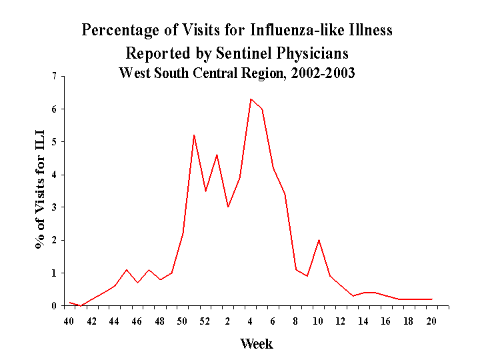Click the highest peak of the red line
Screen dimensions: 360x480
coord(251,99)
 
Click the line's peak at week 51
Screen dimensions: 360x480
coord(194,135)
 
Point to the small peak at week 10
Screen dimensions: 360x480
coord(319,240)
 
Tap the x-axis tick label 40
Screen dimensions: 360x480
coord(69,321)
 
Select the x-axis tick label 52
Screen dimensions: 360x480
coord(205,321)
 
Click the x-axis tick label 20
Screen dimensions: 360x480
coord(431,321)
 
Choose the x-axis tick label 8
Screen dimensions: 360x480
coord(295,321)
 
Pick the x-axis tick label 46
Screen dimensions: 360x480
coord(137,321)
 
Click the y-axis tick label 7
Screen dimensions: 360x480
coord(54,76)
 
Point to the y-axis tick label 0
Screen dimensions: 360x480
coord(54,306)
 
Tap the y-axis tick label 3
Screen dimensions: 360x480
coord(54,207)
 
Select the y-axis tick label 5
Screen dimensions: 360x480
coord(54,142)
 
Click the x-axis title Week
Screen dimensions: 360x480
coord(257,344)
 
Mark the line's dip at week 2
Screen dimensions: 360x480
coord(228,207)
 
